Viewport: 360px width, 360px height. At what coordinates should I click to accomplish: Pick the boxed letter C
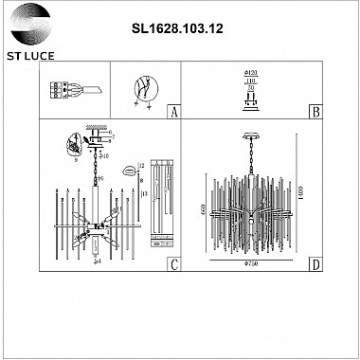tap(172, 265)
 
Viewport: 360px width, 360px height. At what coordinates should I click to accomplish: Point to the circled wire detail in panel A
tap(144, 88)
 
